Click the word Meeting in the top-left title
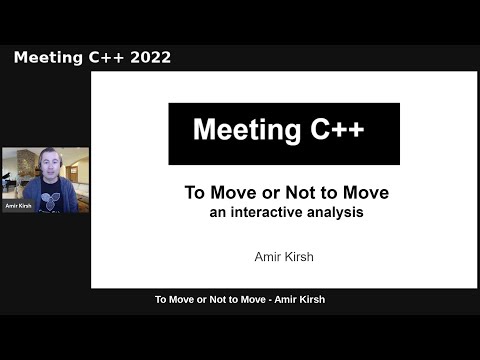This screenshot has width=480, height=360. [x=46, y=57]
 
